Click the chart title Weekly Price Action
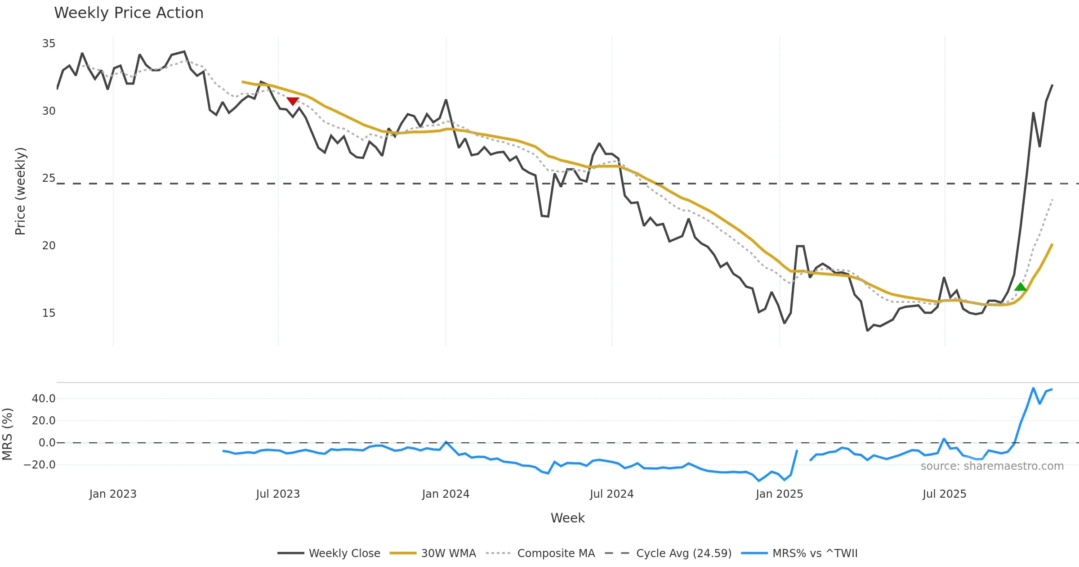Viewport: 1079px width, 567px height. (129, 13)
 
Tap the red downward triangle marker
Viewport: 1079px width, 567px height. (293, 101)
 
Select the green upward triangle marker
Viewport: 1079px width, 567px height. (1021, 287)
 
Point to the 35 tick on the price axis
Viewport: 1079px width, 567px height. (49, 44)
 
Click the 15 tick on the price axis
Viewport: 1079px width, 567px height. (49, 313)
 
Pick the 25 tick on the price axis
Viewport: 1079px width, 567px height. (49, 178)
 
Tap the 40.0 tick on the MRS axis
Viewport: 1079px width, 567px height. (44, 399)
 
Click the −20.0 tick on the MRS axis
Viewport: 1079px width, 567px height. (40, 465)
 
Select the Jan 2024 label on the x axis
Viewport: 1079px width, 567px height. (446, 494)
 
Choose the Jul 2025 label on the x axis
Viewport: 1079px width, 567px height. (944, 494)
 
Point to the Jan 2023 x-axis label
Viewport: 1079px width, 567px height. (113, 494)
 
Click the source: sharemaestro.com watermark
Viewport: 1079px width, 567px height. (992, 466)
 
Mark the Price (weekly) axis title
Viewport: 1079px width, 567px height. (20, 191)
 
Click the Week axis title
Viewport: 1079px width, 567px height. (567, 518)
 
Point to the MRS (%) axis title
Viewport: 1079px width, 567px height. (7, 434)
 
